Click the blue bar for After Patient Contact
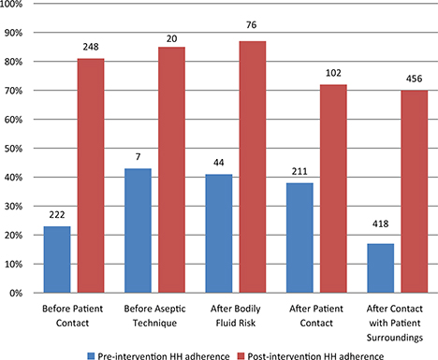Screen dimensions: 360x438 tap(301, 238)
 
